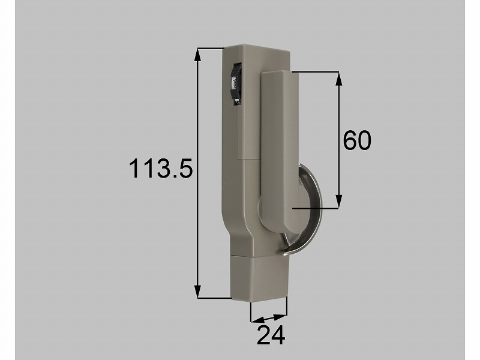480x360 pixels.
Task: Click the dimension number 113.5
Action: pos(161,168)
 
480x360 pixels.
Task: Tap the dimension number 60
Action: pos(357,140)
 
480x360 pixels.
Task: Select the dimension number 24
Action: pos(271,335)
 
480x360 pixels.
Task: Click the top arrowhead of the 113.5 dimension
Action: pos(198,55)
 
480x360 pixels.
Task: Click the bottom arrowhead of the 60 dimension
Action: pos(338,202)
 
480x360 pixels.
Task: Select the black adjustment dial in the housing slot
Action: pos(236,84)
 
